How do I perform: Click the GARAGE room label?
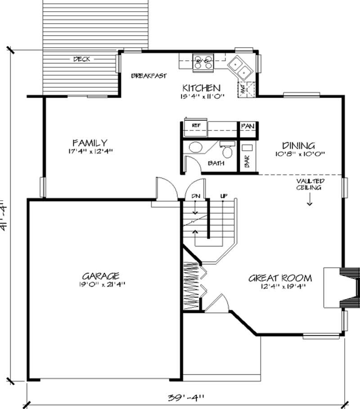(x=100, y=275)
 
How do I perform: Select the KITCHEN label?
(x=201, y=88)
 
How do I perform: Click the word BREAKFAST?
(x=149, y=76)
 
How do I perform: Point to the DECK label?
(x=81, y=59)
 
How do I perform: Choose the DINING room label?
(x=298, y=145)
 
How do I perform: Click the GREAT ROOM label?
(x=280, y=278)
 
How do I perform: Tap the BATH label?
(x=216, y=163)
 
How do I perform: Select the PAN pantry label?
(x=247, y=126)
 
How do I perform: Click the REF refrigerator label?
(x=196, y=125)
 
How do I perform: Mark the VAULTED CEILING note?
(x=310, y=184)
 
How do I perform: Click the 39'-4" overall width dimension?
(x=186, y=397)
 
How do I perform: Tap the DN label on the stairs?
(x=195, y=196)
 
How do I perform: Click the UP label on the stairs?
(x=223, y=196)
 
